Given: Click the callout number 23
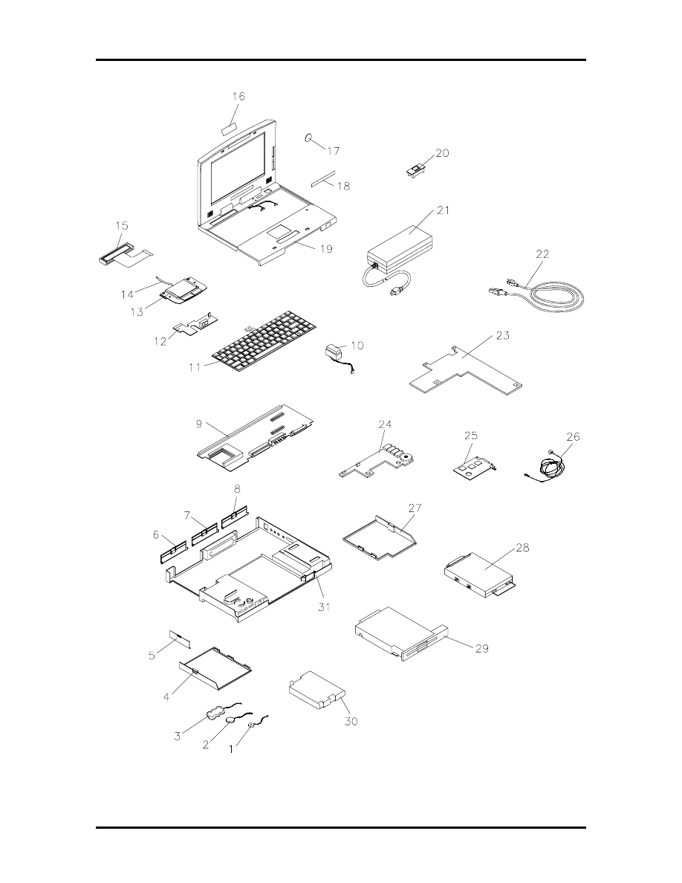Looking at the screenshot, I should click(x=502, y=335).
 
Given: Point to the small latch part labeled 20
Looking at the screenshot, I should click(x=416, y=170).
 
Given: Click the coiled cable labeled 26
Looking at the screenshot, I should click(x=553, y=468).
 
